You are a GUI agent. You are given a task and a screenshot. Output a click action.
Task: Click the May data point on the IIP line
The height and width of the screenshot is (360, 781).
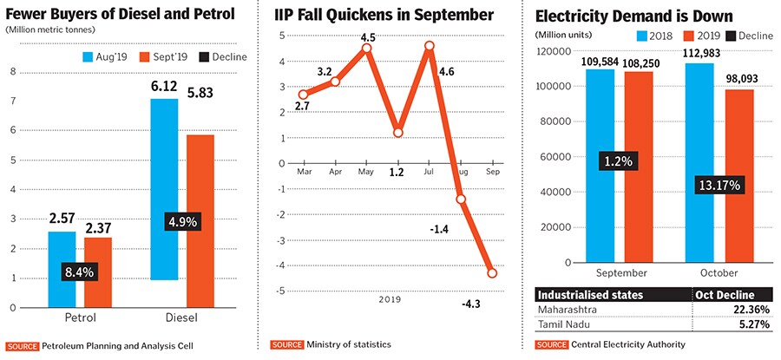tap(366, 49)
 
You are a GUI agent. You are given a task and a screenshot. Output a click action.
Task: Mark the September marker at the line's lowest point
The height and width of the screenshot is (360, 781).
tap(493, 272)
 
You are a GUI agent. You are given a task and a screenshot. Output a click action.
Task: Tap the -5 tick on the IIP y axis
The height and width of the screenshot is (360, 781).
tap(281, 291)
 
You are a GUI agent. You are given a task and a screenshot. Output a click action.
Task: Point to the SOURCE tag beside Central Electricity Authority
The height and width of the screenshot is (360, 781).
tap(549, 344)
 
